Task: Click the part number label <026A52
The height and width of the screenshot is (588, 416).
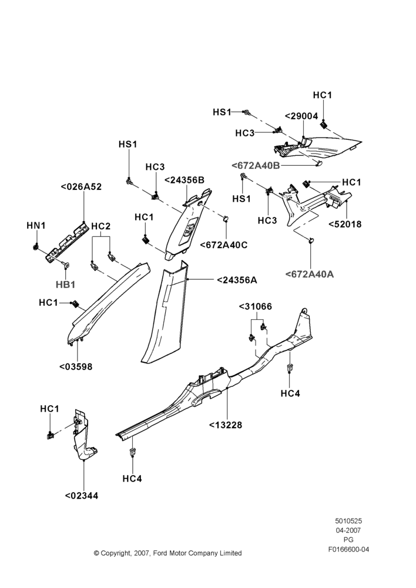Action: [x=81, y=187]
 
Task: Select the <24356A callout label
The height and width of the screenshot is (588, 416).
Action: [x=237, y=280]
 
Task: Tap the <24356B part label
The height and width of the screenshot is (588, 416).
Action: [x=184, y=180]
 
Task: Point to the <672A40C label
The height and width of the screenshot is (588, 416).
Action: [x=224, y=245]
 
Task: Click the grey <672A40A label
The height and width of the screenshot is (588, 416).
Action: [x=310, y=274]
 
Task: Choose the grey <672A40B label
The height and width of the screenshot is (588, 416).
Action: [x=256, y=165]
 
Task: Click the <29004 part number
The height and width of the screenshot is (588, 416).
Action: [x=301, y=116]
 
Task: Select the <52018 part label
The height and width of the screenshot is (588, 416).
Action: [x=345, y=224]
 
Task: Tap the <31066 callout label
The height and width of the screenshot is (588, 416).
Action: [x=256, y=306]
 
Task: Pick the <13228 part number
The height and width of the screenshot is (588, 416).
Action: [x=226, y=425]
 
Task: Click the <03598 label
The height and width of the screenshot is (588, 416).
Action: [x=76, y=366]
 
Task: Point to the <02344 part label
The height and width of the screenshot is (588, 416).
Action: [x=82, y=495]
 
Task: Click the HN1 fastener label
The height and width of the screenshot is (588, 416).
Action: [x=36, y=226]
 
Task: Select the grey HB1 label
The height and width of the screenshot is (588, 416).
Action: [x=66, y=285]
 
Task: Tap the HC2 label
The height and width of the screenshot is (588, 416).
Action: [x=101, y=226]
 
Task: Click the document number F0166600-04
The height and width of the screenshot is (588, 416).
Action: [x=348, y=549]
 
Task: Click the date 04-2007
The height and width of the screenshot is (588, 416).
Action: [x=348, y=530]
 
